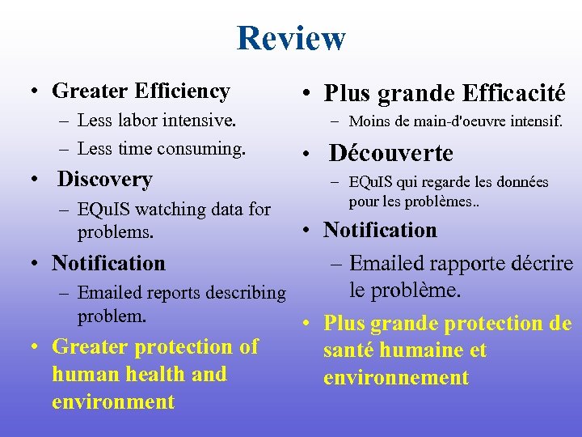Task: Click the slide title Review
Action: tap(291, 38)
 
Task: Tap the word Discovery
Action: tap(105, 179)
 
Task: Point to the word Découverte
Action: tap(391, 153)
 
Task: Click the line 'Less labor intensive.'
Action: tap(157, 121)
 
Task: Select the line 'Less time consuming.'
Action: tap(162, 149)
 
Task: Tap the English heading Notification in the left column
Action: tap(108, 263)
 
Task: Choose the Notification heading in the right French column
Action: tap(380, 230)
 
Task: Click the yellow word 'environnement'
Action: tap(396, 378)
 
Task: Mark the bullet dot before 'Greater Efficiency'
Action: tap(28, 92)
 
